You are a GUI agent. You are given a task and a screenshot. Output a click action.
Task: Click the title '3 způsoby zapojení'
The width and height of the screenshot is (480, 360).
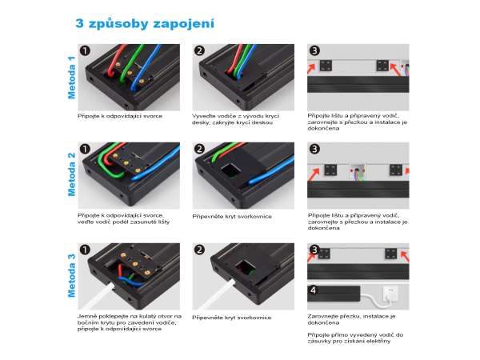pos(145,23)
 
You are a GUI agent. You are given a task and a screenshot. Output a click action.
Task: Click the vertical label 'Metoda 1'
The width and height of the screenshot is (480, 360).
pos(71,78)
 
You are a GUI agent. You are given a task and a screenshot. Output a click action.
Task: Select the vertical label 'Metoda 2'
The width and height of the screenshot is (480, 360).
pos(71,174)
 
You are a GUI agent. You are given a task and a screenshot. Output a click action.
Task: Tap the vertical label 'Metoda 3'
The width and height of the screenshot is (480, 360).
pos(71,275)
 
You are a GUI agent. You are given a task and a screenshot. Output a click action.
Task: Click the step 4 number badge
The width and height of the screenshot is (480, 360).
pos(313,290)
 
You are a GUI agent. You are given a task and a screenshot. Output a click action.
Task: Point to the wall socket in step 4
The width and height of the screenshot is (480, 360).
pos(390,293)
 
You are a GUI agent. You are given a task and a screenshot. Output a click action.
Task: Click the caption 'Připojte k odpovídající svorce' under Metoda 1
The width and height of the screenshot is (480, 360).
pos(120,116)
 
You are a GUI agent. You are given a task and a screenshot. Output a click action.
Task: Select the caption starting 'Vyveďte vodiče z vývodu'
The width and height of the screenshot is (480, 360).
pos(235,119)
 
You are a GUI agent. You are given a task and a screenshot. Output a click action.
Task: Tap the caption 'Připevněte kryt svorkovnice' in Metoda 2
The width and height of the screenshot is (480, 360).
pos(232,217)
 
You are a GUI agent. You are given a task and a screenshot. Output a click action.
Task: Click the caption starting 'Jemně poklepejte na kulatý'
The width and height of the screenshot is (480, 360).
pos(129,322)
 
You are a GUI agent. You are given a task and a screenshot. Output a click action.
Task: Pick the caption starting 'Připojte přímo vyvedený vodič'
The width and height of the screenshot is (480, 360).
pos(355,338)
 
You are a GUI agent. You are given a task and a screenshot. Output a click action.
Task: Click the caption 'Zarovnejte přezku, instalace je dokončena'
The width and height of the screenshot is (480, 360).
pos(351,319)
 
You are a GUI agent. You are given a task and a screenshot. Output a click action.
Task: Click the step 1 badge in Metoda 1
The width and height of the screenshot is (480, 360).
pos(85,50)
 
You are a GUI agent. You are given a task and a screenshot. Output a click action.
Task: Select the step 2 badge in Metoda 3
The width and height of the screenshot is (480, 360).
pos(199,250)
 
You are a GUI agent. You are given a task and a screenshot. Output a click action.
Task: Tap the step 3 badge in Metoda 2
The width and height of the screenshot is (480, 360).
pos(314,149)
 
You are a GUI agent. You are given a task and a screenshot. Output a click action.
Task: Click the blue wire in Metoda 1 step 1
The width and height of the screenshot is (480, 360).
pos(146,67)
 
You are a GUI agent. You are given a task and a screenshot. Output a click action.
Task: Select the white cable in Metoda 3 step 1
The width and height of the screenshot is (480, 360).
pos(98,296)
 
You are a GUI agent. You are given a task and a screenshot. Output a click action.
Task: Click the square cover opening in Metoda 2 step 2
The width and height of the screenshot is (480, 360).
pos(231,171)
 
